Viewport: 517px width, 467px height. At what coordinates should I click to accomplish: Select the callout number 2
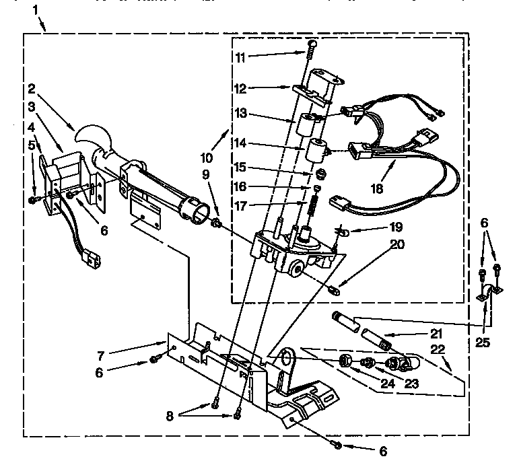31,88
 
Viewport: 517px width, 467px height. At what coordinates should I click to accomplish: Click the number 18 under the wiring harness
377,189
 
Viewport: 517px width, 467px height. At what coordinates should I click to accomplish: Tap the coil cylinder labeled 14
315,149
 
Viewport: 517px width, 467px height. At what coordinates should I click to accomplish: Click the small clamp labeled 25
488,291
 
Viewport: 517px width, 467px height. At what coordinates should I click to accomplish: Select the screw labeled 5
33,200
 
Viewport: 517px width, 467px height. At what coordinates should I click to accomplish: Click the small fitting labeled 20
335,291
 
